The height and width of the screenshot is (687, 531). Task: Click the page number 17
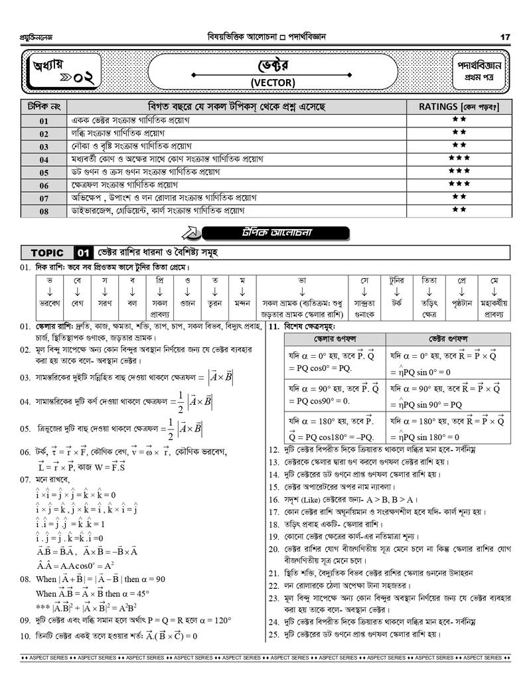(x=506, y=37)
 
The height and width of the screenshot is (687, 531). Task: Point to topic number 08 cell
(x=44, y=212)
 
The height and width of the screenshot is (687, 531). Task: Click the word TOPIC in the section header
(x=47, y=253)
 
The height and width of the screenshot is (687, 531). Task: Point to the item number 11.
(x=273, y=327)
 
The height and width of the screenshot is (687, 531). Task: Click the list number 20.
(x=273, y=549)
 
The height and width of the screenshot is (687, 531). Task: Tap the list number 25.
(x=273, y=634)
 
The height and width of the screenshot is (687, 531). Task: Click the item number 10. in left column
(x=25, y=636)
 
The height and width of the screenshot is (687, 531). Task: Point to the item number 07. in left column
(x=25, y=479)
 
